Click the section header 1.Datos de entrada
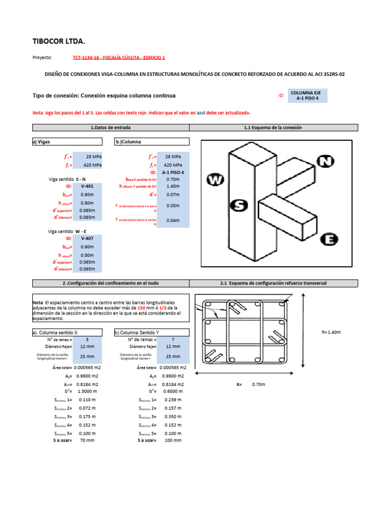[111, 127]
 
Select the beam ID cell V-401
[87, 187]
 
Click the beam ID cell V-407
[87, 239]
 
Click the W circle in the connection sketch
[215, 179]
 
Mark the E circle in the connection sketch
[330, 239]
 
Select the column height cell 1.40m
[173, 187]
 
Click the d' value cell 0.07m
[173, 195]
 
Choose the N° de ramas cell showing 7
[173, 340]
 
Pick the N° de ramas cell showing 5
[87, 340]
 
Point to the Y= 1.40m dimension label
[331, 332]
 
